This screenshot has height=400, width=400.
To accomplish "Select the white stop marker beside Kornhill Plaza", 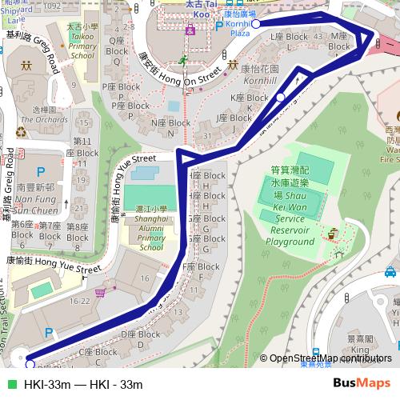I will [255, 25].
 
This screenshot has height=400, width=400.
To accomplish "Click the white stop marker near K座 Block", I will [280, 98].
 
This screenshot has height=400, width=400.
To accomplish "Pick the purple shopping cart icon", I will [99, 293].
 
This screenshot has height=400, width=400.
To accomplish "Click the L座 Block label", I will [289, 37].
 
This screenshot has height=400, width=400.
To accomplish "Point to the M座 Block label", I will [340, 42].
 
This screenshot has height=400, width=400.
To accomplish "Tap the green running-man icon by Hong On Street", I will [182, 61].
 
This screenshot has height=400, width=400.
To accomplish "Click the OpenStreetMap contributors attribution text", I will [330, 358].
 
